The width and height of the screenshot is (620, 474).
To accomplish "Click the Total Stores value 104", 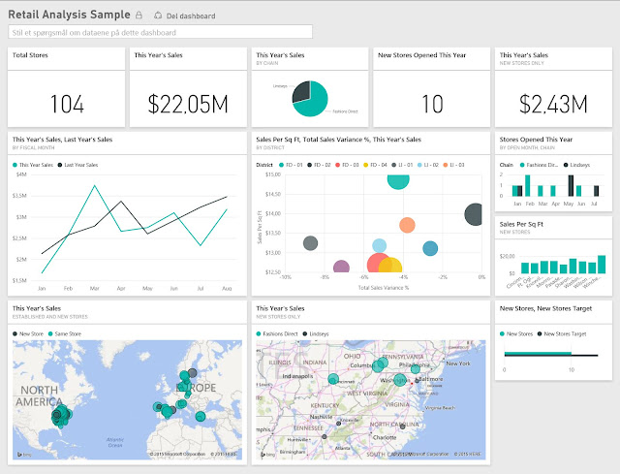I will (66, 103).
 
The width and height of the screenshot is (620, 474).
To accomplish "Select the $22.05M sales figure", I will (187, 103).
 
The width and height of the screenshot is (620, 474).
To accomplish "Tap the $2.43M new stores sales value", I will (553, 103).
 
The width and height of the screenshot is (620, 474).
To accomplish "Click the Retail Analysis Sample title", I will (68, 16).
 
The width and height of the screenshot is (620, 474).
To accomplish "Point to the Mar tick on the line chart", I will (94, 288).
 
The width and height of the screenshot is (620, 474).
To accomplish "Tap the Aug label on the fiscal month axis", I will (227, 288).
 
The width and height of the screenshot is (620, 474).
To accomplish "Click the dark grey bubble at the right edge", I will (475, 215).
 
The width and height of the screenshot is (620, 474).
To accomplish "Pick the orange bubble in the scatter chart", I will (407, 226).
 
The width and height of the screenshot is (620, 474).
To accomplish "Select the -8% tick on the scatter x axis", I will (325, 277).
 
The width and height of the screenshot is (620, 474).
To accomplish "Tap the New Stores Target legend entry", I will (566, 333).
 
